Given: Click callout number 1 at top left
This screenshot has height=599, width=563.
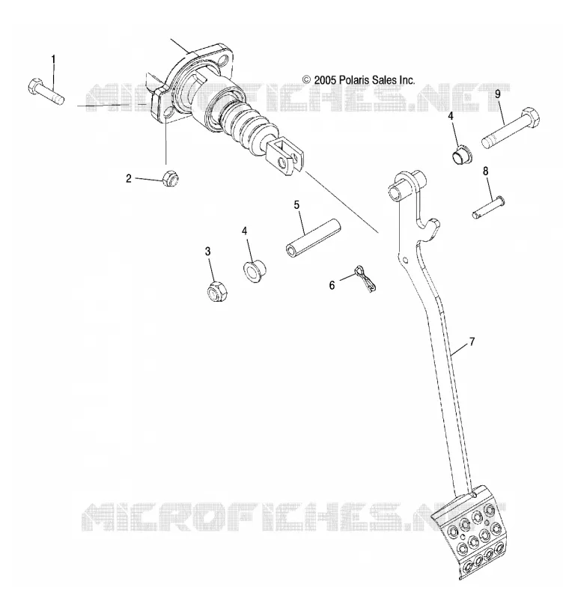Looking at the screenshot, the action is (53, 60).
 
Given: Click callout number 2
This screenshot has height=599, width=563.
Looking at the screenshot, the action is (129, 178).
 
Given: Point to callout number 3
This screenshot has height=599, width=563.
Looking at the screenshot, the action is (208, 252).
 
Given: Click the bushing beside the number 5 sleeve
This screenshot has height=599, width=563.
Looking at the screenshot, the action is (255, 270).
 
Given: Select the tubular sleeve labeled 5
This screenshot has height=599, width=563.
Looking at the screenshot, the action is (313, 239).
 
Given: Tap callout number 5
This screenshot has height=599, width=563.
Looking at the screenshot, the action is (296, 204).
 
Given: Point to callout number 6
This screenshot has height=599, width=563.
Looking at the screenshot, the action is (332, 285).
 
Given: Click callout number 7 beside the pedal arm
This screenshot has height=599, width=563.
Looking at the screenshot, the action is (472, 341).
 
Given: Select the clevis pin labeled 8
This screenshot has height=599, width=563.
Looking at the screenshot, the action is (487, 207).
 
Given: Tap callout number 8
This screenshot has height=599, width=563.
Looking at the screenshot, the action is (485, 171).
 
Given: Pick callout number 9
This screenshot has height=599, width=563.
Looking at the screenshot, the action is (498, 94).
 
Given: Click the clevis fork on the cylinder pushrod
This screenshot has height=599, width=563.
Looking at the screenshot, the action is (286, 156).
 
